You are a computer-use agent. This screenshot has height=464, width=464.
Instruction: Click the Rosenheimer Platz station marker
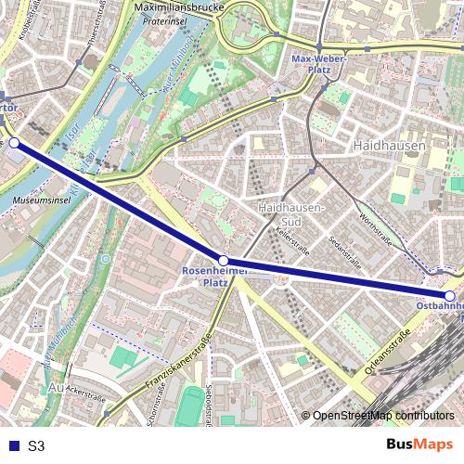[223, 261]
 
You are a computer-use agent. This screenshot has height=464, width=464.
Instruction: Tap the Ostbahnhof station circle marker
[449, 296]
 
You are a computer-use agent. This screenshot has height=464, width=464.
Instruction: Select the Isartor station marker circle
[14, 143]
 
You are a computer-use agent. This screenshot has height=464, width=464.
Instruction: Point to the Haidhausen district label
[389, 146]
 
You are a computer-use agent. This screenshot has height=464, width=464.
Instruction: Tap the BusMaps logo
[419, 445]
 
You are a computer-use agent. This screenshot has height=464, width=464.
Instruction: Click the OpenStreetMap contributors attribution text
[383, 416]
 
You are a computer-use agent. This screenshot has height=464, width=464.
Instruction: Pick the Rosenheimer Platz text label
[216, 277]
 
